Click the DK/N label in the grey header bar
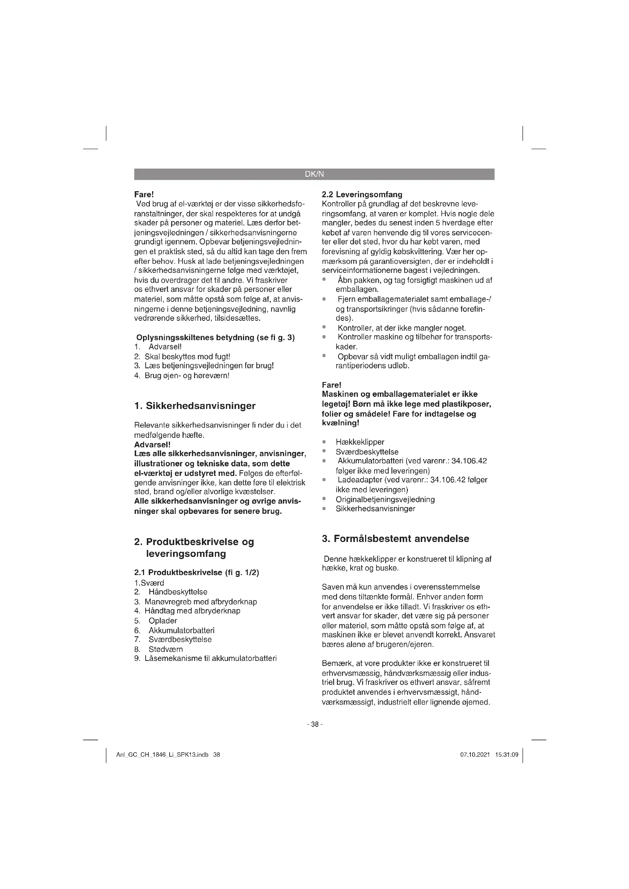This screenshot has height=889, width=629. (314, 174)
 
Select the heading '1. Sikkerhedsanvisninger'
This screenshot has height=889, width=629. (195, 406)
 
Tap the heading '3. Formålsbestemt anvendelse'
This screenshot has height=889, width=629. (396, 539)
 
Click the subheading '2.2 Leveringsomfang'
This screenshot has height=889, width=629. (362, 194)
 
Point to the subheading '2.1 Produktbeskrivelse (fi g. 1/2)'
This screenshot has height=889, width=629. (196, 572)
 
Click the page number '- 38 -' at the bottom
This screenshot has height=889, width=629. (314, 724)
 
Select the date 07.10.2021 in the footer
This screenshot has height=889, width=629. (475, 755)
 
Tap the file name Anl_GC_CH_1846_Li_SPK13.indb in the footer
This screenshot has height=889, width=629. (162, 755)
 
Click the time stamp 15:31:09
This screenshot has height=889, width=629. (506, 755)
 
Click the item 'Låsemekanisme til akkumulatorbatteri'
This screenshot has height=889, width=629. (210, 659)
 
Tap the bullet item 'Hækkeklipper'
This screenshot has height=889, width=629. (360, 442)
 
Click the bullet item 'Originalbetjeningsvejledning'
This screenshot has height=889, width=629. (385, 499)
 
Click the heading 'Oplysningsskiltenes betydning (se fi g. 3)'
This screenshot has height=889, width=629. (215, 338)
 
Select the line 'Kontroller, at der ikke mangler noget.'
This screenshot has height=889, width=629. (401, 328)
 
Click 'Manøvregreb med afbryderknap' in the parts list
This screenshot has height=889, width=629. (201, 602)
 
